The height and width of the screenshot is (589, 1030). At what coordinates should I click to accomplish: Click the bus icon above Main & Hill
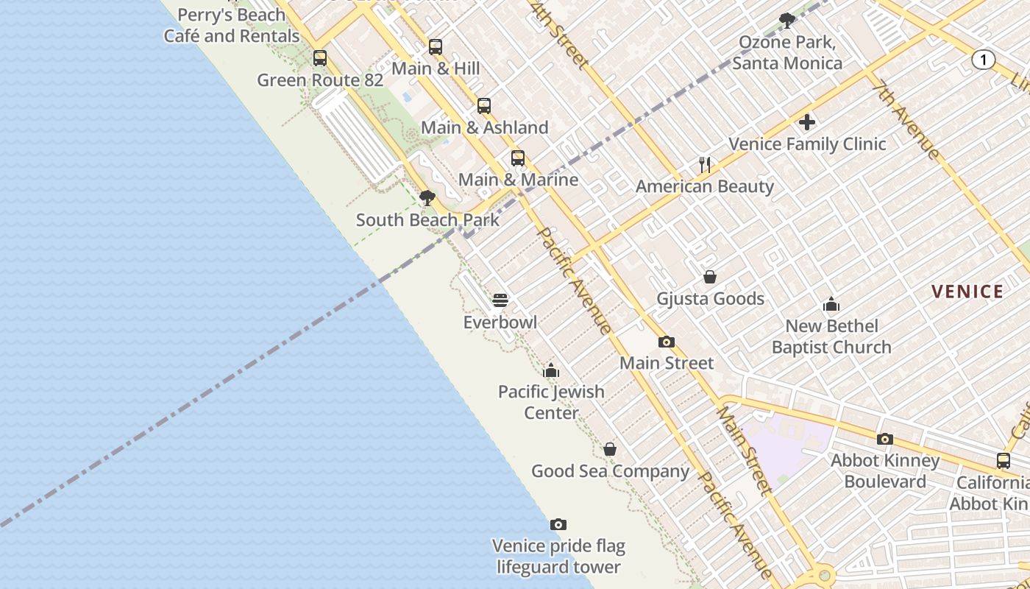coord(436,47)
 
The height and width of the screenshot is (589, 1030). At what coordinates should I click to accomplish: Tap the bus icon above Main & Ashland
coord(483,106)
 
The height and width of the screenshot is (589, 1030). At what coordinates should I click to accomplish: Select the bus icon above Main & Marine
coord(518,158)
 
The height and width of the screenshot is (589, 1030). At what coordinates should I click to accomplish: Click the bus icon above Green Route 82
coord(319,58)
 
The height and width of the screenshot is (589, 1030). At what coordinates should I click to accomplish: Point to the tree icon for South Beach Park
coord(427,198)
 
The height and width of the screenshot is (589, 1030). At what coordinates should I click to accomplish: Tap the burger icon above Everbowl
coord(500,300)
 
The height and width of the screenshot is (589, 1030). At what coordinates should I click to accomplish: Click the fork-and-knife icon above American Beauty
coord(705,165)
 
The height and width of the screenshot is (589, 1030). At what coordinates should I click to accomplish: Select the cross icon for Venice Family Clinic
coord(807,122)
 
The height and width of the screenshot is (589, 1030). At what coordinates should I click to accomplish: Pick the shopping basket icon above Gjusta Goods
coord(710,277)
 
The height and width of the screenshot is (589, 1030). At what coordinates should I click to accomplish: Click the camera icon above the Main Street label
coord(667,342)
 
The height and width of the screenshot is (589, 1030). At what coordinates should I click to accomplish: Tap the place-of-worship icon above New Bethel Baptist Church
coord(831,304)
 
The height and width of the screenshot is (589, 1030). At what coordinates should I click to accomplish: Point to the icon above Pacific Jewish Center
coord(551,370)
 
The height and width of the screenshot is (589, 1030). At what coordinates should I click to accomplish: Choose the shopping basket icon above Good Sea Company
coord(610,449)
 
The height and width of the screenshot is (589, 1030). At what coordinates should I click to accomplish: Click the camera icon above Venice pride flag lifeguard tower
coord(558,524)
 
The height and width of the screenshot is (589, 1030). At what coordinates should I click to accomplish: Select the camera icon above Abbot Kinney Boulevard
coord(885,439)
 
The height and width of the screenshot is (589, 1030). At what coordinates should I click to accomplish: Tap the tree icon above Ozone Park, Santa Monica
coord(787,20)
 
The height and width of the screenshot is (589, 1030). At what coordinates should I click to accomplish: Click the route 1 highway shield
coord(983,60)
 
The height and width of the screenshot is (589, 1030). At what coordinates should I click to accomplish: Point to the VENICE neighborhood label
coord(967,292)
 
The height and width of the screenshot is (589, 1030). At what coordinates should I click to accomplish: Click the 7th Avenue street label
coord(906,120)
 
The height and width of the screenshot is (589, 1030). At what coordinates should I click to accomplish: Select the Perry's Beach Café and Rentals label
coord(232,25)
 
